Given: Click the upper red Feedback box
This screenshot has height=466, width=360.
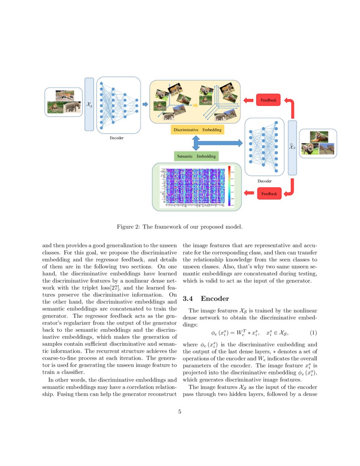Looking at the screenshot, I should [268, 100].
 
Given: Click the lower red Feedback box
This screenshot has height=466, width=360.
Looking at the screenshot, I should [269, 194].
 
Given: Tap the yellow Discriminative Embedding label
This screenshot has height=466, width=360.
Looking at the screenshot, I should [197, 129].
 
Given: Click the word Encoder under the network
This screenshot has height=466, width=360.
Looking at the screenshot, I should [117, 138].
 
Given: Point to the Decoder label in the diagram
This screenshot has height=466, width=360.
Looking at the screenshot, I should [264, 181].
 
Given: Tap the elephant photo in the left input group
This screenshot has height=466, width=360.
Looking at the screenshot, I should [72, 107].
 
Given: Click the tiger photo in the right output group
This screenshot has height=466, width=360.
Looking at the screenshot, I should [318, 136].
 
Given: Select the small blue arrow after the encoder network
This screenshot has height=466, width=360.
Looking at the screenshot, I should [145, 104].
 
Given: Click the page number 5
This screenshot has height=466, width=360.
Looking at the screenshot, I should [180, 411].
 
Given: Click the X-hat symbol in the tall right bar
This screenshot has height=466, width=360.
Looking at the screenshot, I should [292, 147].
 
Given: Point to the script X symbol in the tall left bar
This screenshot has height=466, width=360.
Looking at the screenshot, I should [89, 104].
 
